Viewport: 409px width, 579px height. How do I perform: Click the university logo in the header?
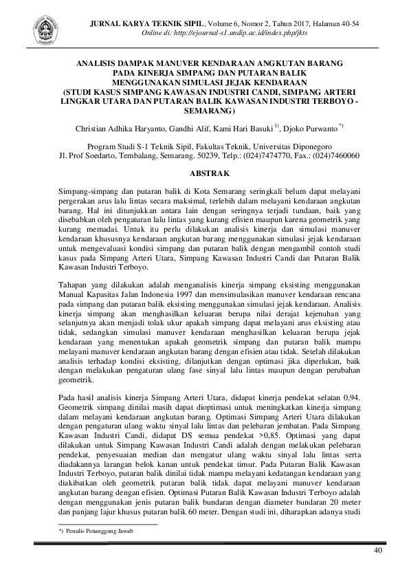pyautogui.click(x=45, y=31)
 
